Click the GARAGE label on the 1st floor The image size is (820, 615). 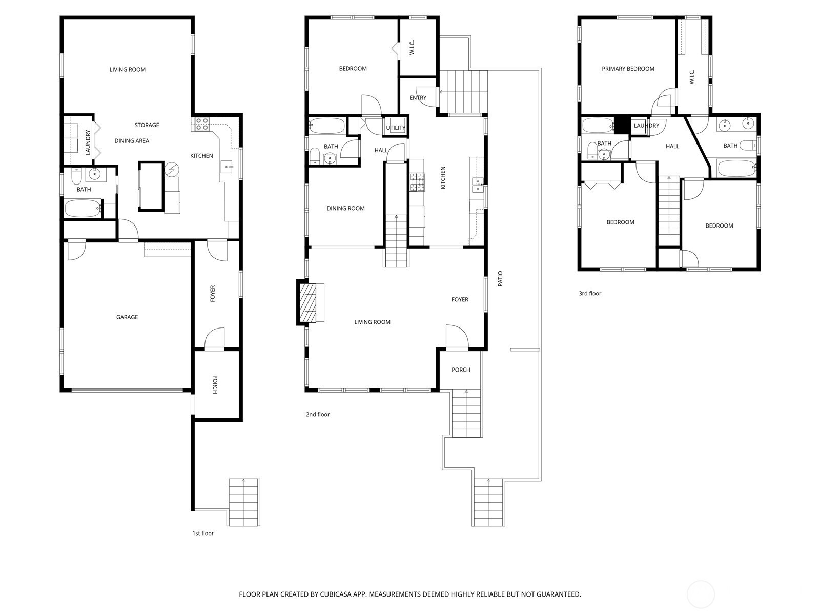127,317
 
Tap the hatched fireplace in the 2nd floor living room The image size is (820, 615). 307,302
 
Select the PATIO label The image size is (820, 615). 500,279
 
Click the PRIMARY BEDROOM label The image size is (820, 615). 628,69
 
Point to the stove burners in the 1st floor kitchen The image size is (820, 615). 202,124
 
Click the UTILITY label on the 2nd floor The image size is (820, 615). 396,128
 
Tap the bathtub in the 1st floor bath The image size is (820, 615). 83,209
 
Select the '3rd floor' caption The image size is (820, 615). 590,294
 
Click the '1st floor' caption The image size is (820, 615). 203,533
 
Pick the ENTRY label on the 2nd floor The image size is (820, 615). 418,98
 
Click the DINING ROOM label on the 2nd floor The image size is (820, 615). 345,209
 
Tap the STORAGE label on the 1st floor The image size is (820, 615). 147,125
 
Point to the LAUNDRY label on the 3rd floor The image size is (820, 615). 646,126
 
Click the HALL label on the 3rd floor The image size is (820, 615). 672,147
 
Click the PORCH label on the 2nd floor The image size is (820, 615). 461,370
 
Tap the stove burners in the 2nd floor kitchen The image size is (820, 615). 417,182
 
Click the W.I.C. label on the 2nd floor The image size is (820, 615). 412,48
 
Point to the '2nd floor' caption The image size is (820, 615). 318,414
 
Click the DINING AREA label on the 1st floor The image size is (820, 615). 132,141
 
